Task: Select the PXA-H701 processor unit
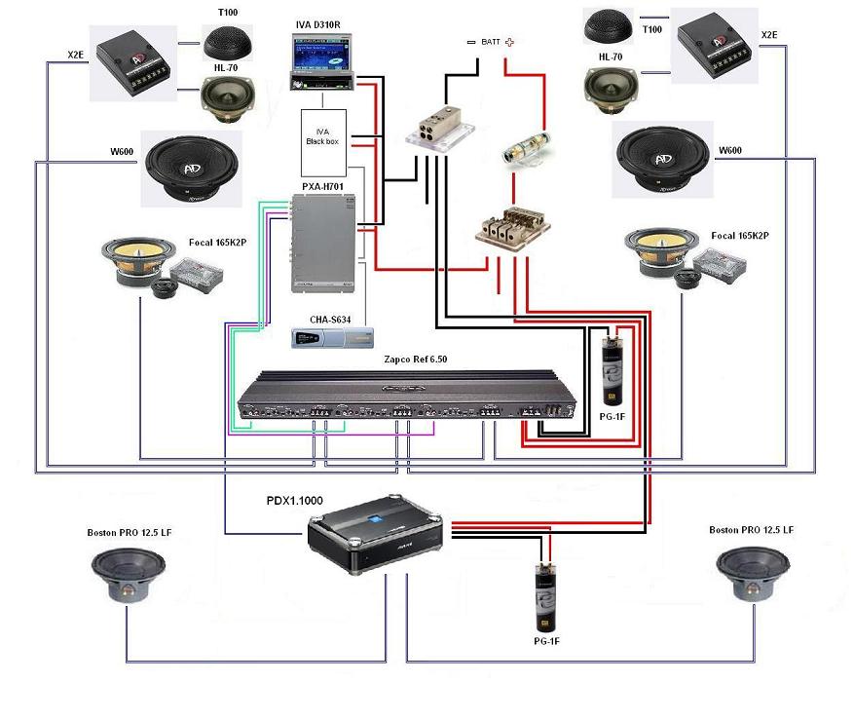(322, 243)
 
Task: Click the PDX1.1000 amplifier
(375, 535)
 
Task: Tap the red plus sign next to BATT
(509, 42)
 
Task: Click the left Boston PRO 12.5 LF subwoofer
(130, 577)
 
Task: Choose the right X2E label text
(768, 35)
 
